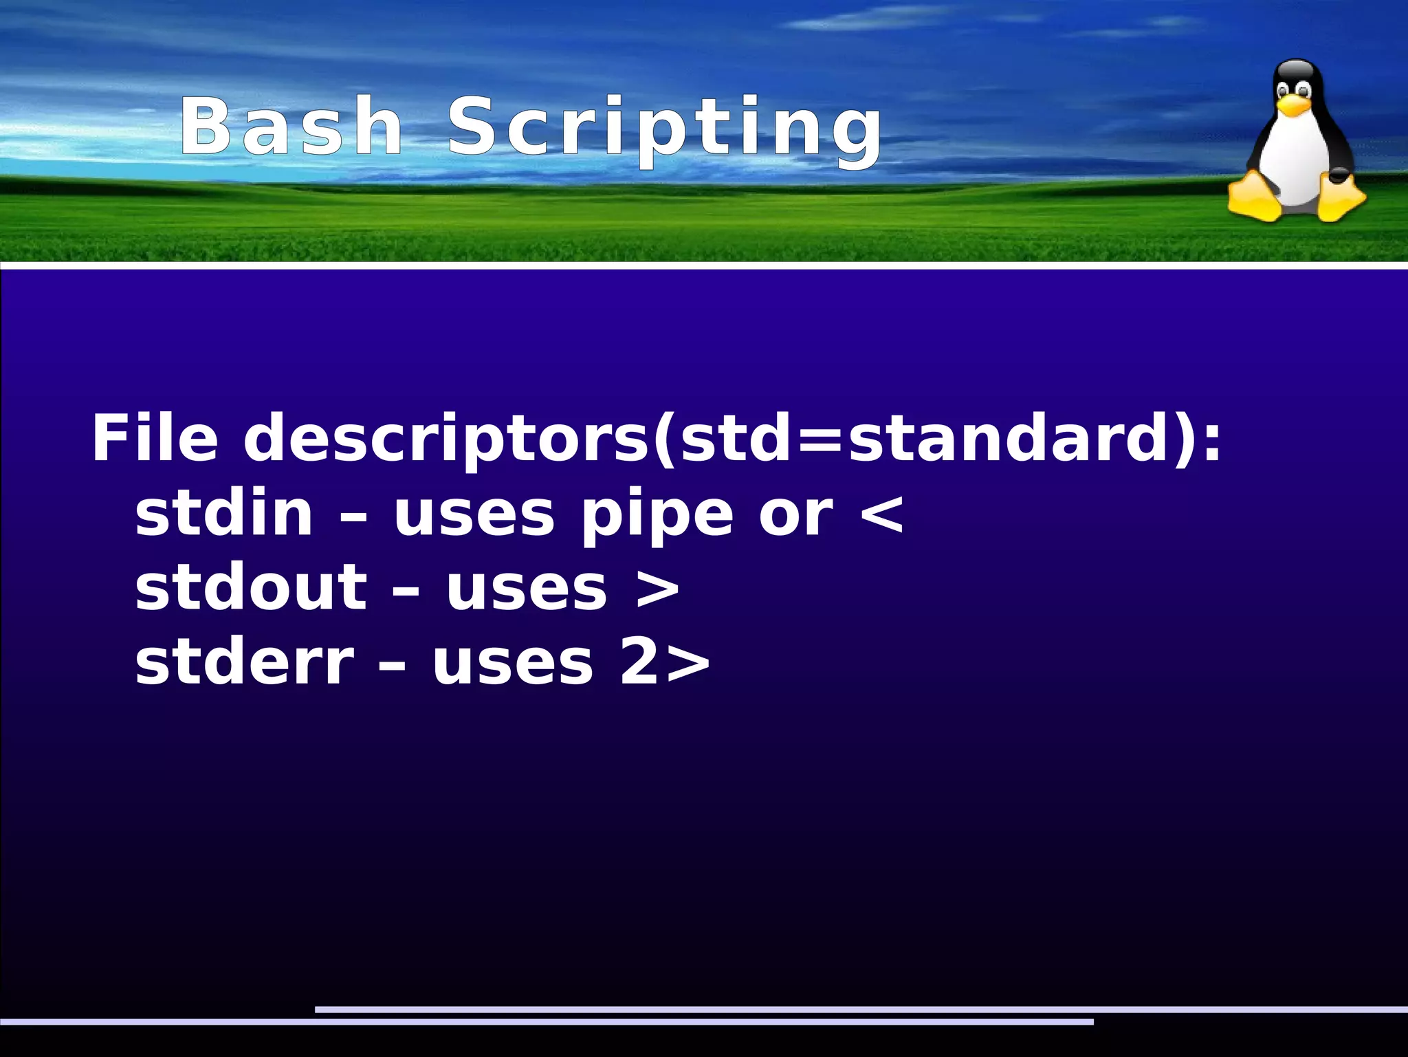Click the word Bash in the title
291,127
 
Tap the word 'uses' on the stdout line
527,589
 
